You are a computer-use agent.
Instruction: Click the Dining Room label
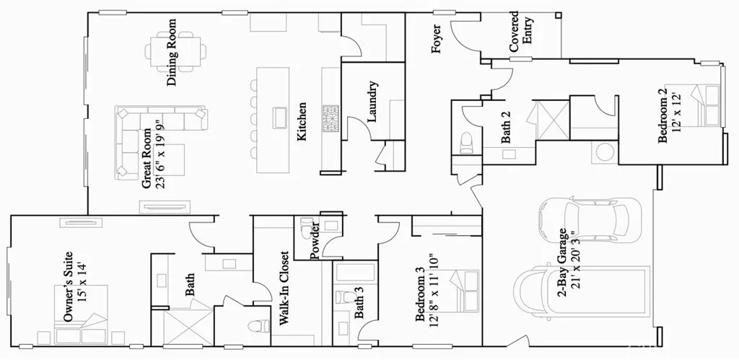tap(172, 58)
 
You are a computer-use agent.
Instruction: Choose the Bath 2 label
tap(507, 127)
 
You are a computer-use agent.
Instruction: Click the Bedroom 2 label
tap(663, 118)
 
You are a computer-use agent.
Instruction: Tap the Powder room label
tap(315, 241)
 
